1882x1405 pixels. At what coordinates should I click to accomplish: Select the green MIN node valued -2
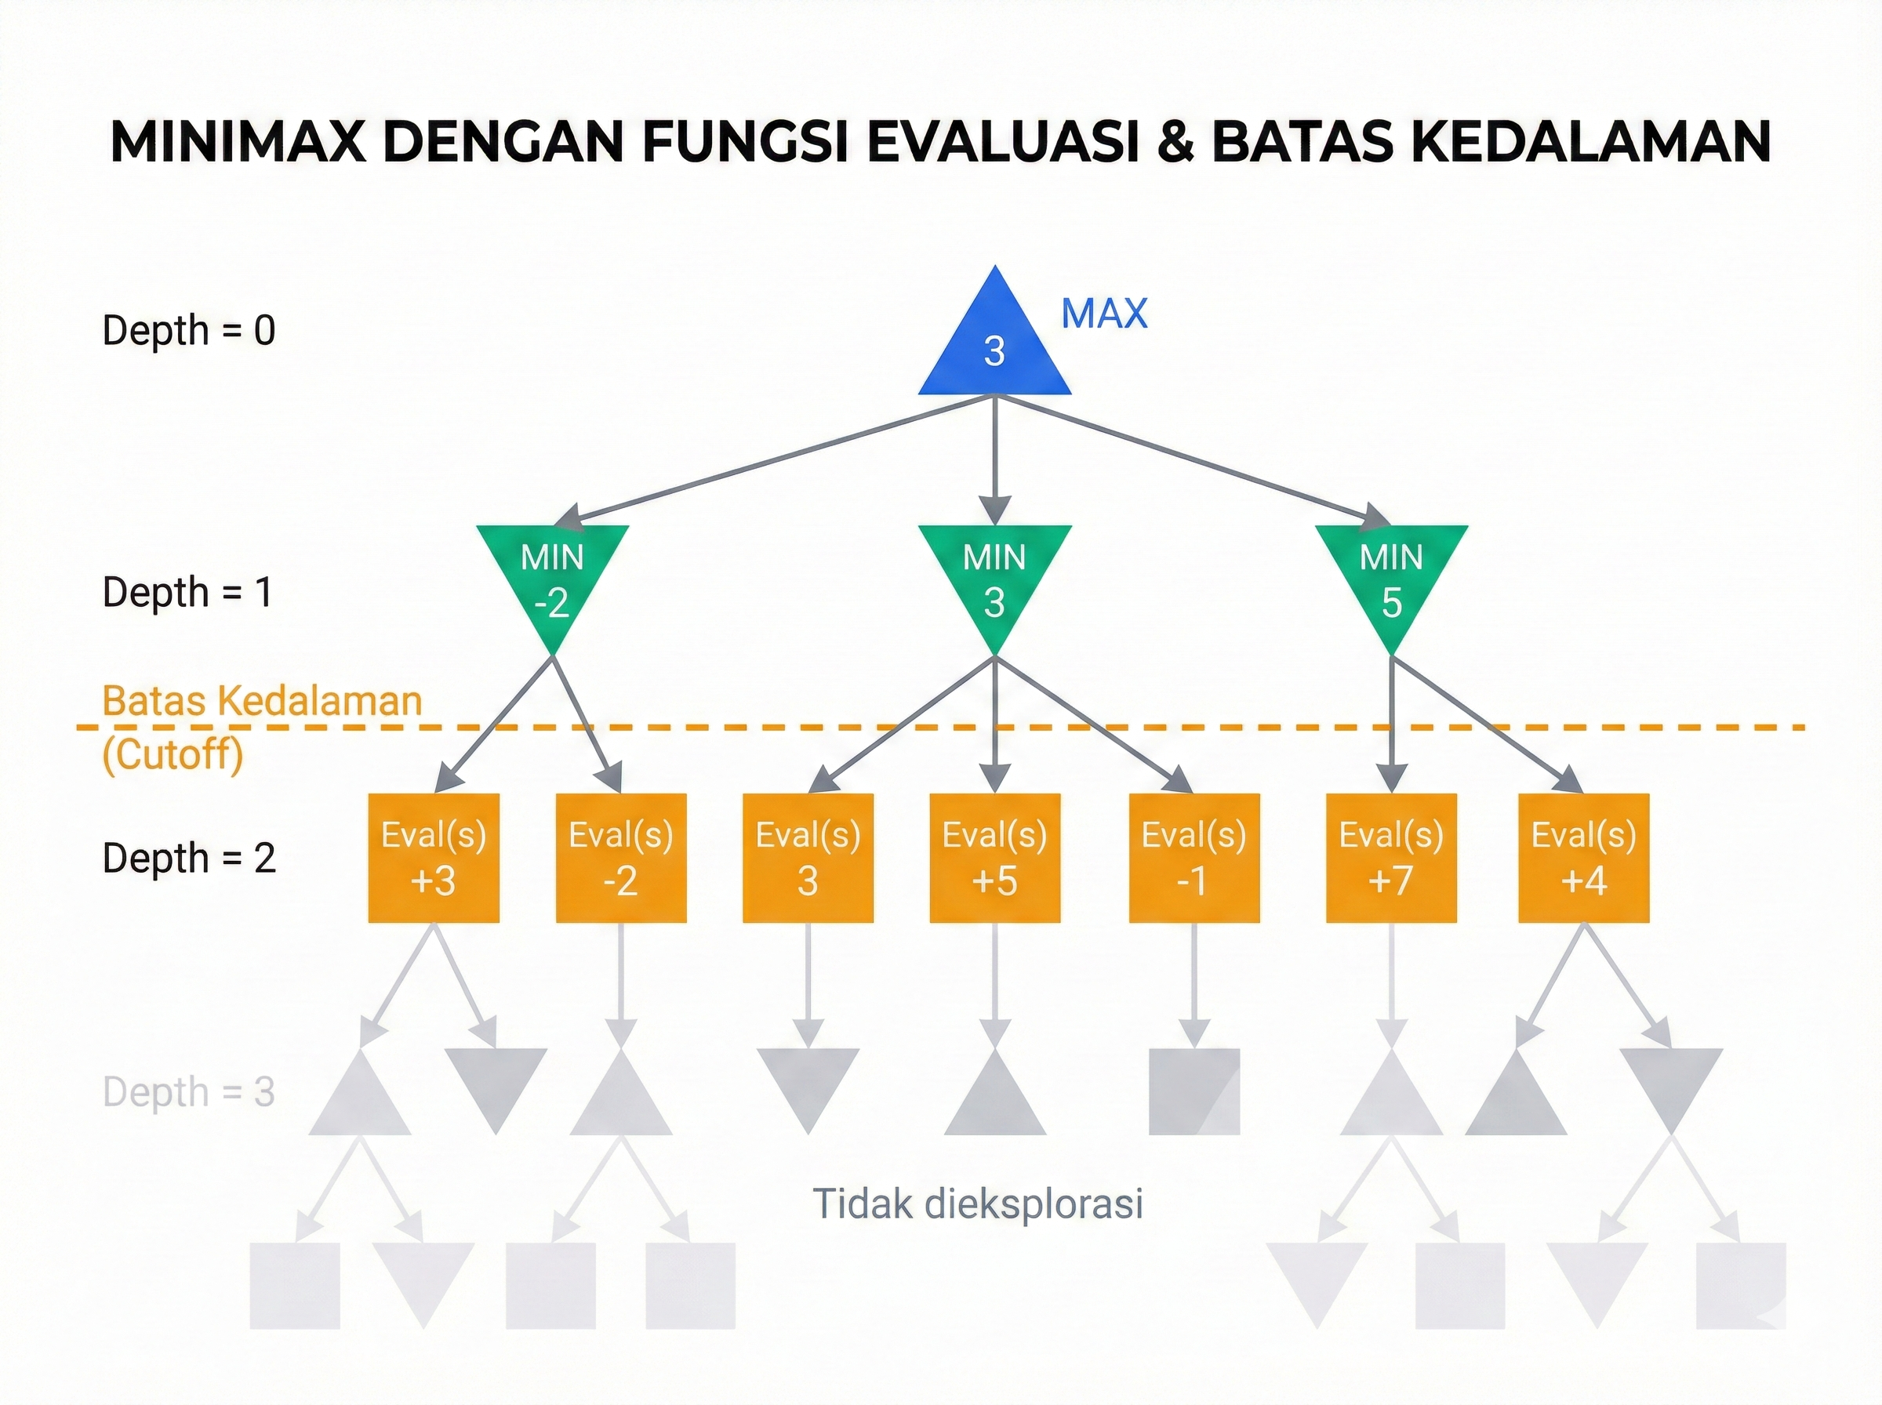point(552,579)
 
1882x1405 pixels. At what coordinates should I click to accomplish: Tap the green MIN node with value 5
point(1390,579)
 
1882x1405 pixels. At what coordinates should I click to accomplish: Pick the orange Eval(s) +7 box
point(1390,857)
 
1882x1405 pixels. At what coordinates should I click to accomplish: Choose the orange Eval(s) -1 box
point(1194,857)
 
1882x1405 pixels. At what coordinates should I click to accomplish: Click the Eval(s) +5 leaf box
point(994,857)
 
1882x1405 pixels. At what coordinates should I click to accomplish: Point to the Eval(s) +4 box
point(1582,857)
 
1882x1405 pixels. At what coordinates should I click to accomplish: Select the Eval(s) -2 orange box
point(621,857)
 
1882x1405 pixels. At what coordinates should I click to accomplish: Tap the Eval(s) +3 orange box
point(433,857)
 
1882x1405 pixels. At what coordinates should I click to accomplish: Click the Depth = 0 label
point(189,330)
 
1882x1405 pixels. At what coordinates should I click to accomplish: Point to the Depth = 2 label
point(189,859)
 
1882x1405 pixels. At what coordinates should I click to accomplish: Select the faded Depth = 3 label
point(189,1092)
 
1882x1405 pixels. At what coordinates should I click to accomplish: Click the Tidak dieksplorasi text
point(977,1204)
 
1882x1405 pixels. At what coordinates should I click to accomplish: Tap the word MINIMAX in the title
point(238,141)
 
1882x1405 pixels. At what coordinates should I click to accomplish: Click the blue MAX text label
point(1104,314)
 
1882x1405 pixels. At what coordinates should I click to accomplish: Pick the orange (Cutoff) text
point(173,753)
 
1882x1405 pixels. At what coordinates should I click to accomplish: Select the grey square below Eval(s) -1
point(1194,1091)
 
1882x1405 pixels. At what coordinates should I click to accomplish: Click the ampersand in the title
point(1175,141)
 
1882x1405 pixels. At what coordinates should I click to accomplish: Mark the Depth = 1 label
point(187,592)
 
